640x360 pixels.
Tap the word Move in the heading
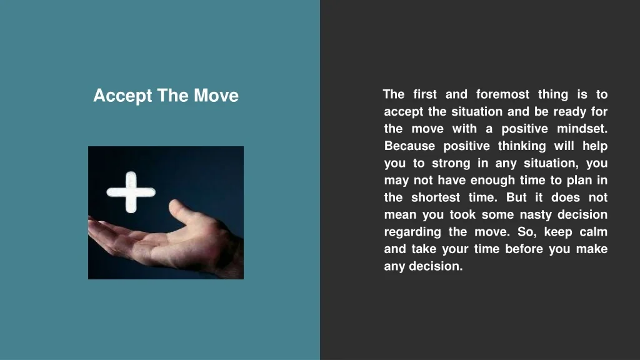coord(216,96)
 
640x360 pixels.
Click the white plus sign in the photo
coord(131,192)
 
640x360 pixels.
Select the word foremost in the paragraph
coord(502,94)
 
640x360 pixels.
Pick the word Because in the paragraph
coord(409,146)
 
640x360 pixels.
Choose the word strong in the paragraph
coord(451,164)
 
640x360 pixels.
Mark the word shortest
coord(436,197)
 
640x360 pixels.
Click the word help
coord(595,146)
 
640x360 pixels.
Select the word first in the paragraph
coord(425,94)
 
